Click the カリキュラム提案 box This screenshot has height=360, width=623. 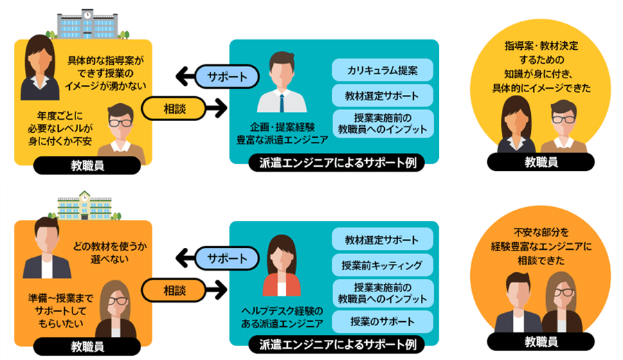click(383, 71)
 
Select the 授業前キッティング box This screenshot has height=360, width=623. click(383, 265)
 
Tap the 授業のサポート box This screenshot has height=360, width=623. click(383, 321)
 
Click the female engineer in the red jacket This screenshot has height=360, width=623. click(282, 267)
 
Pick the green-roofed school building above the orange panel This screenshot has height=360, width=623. click(84, 205)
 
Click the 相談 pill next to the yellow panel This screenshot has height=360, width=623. click(174, 107)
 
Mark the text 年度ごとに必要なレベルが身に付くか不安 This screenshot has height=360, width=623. click(61, 128)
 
